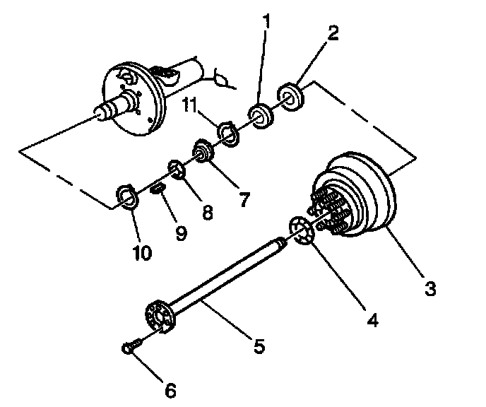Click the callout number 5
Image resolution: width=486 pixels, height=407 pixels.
click(258, 346)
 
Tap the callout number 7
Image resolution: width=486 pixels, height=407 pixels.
click(244, 200)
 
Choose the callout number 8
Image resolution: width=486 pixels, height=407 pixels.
click(207, 212)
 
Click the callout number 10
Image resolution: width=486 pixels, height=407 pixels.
click(143, 252)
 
